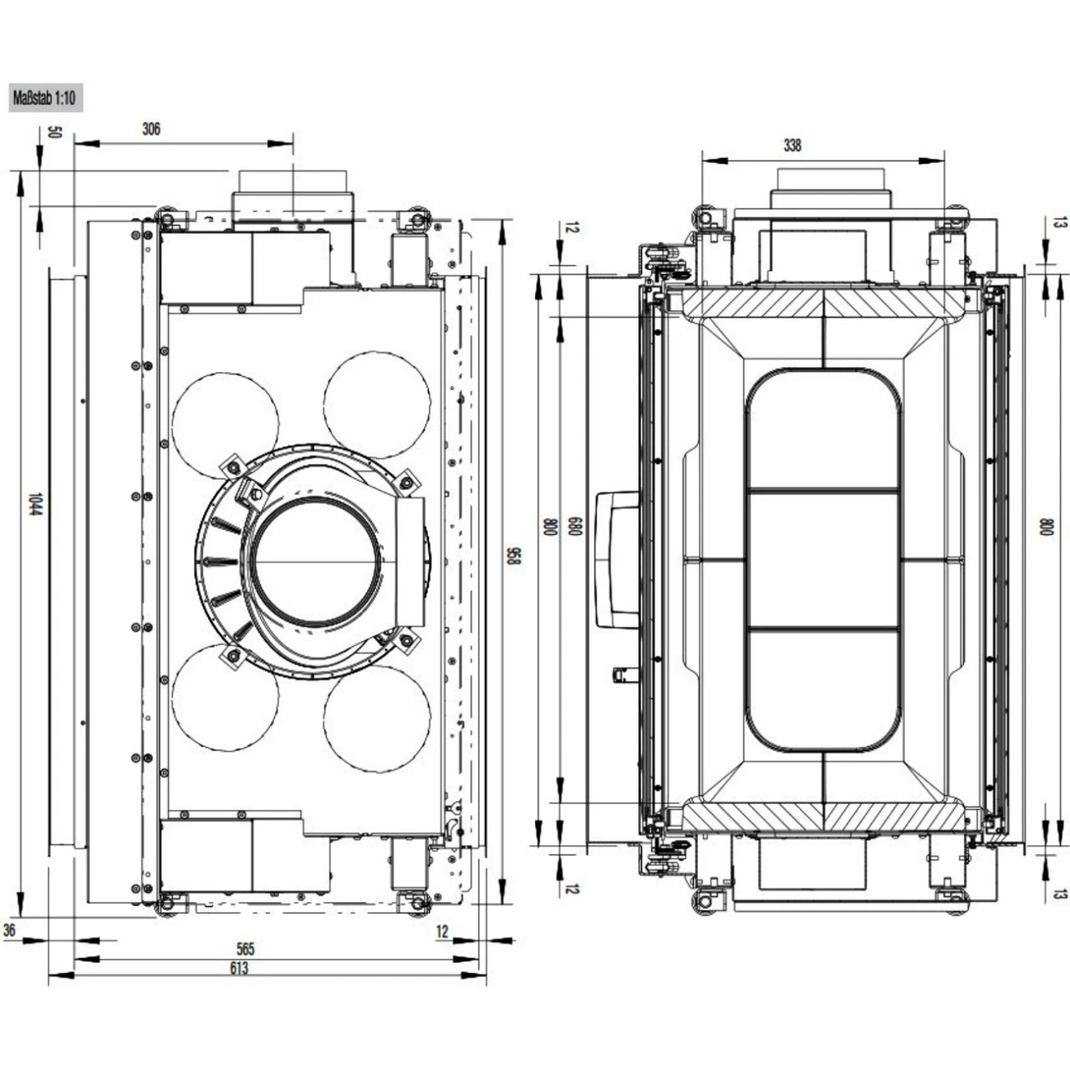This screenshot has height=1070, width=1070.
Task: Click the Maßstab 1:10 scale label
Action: [43, 99]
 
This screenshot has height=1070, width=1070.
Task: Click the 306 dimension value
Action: [151, 129]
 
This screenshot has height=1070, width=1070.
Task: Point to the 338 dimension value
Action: [792, 145]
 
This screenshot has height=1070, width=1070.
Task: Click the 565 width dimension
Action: [246, 949]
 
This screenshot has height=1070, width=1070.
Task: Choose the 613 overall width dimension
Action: [239, 968]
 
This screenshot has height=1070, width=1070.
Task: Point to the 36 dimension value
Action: [9, 930]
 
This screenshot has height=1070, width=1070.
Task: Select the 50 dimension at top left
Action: [54, 132]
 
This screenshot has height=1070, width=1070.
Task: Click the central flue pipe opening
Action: [317, 561]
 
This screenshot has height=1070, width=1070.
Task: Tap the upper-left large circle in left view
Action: [225, 425]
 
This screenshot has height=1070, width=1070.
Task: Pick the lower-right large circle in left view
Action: [377, 719]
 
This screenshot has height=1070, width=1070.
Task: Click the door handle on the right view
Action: [617, 559]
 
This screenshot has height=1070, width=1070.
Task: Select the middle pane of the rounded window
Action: [824, 560]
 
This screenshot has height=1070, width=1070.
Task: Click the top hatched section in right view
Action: [823, 303]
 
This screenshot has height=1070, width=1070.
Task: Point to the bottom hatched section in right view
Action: [823, 816]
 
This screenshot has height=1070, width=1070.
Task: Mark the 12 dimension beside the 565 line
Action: [442, 931]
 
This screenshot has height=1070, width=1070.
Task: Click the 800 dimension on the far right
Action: [1046, 527]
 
